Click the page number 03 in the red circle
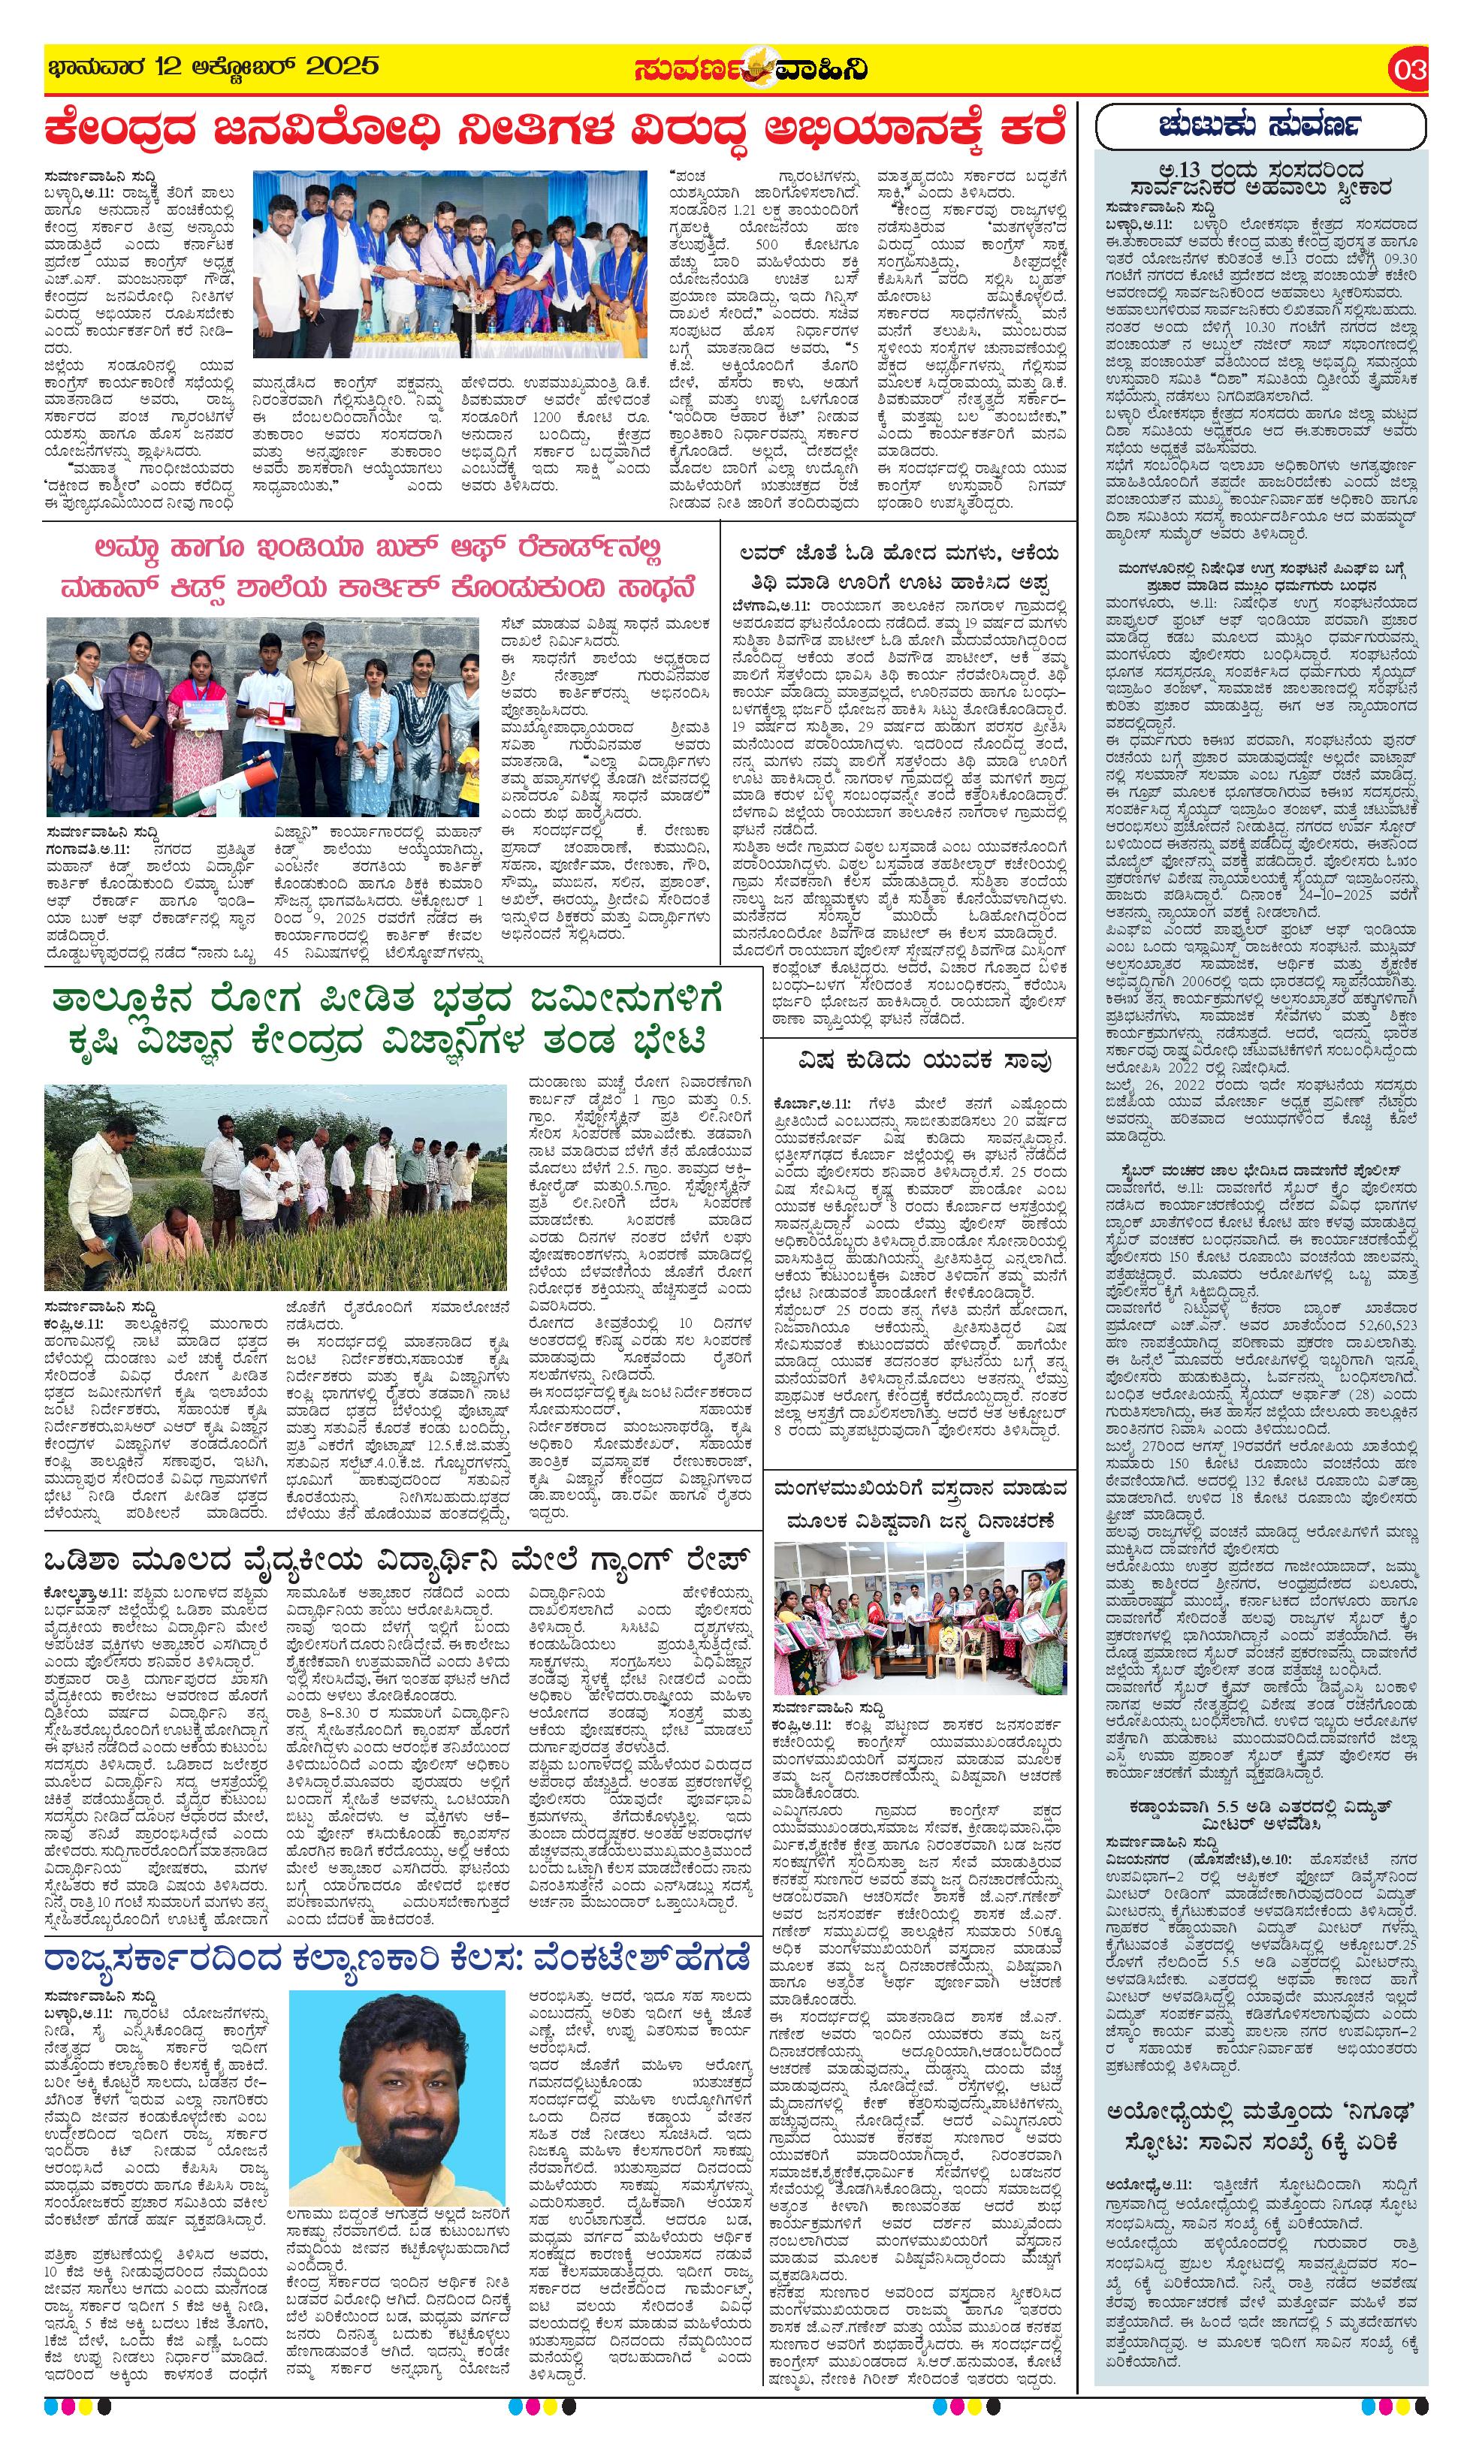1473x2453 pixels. [1409, 71]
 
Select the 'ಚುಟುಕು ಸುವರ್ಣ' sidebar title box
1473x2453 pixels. [1260, 126]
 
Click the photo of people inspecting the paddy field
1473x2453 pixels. [275, 1187]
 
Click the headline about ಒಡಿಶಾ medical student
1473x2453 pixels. [396, 1561]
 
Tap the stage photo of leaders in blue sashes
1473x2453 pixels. [448, 265]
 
